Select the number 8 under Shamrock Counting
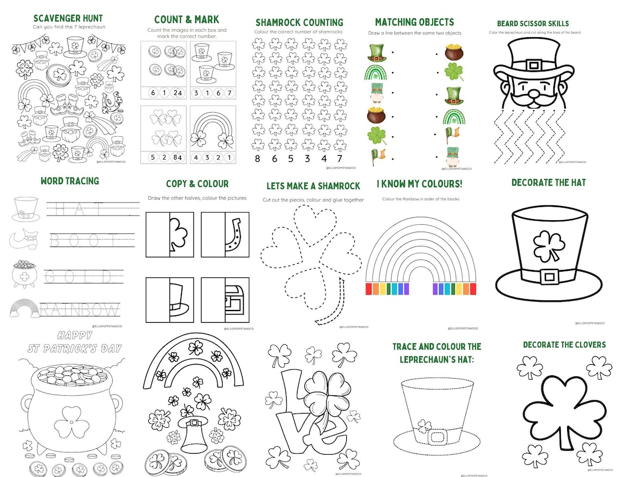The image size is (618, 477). pyautogui.click(x=258, y=158)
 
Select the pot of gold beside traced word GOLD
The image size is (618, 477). pyautogui.click(x=25, y=274)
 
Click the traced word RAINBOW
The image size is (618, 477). pyautogui.click(x=80, y=309)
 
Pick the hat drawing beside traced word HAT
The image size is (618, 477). pyautogui.click(x=26, y=209)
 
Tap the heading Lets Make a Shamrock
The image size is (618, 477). pyautogui.click(x=313, y=186)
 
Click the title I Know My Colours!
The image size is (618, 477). pyautogui.click(x=419, y=184)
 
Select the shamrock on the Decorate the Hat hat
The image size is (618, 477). pyautogui.click(x=548, y=247)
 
